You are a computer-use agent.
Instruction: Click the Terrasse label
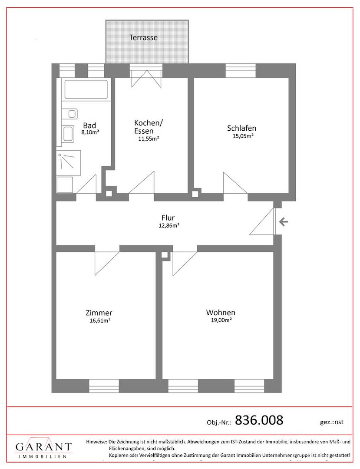click(x=143, y=38)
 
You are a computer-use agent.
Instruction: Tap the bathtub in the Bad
click(x=86, y=89)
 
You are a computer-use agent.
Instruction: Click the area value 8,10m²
click(x=90, y=132)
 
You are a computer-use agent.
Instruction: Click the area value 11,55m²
click(x=149, y=139)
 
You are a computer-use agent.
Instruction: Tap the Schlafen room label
click(x=241, y=128)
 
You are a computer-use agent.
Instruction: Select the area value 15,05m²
click(x=243, y=136)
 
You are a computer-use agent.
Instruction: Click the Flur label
click(x=168, y=218)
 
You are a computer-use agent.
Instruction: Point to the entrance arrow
click(x=284, y=222)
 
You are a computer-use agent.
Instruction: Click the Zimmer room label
click(x=99, y=313)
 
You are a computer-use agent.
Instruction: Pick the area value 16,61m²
click(x=100, y=320)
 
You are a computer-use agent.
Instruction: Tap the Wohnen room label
click(x=221, y=313)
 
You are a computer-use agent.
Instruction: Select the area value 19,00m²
click(x=221, y=320)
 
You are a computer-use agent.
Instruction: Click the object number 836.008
click(x=259, y=420)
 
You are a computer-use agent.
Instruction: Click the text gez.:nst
click(x=332, y=422)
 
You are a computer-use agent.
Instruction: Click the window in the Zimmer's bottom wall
click(x=104, y=386)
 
